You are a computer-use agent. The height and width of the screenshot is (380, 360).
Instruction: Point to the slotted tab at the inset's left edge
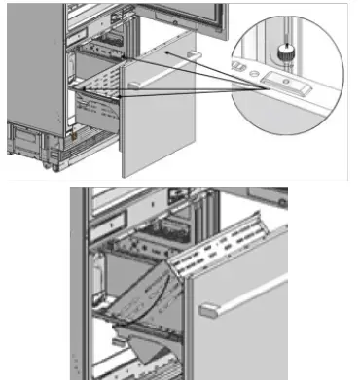(238, 65)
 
